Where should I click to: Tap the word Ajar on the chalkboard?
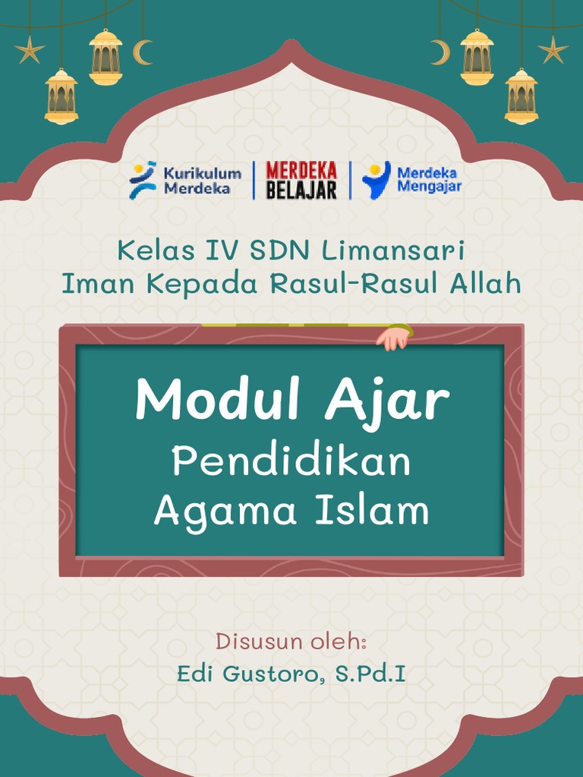coord(387,402)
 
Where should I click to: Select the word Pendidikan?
coord(291,462)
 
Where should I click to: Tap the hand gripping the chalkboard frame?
coord(394,337)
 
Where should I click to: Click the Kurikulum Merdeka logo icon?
coord(143,180)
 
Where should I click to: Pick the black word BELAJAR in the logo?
coord(301,190)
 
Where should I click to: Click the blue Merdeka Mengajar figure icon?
coord(377,180)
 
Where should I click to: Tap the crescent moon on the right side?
coord(440,52)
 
